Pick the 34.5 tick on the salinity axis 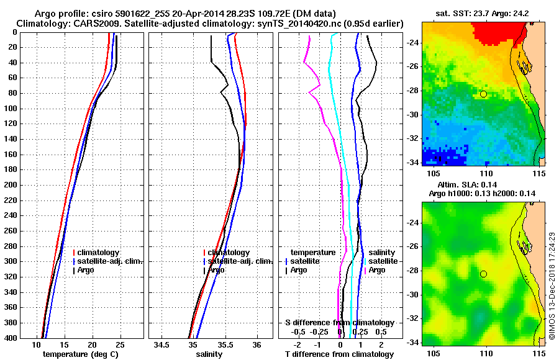(x=163, y=344)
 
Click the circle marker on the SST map (x=483, y=94)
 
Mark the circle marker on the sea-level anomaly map (x=483, y=274)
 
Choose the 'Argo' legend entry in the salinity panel (x=217, y=270)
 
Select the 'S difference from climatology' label (x=340, y=323)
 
